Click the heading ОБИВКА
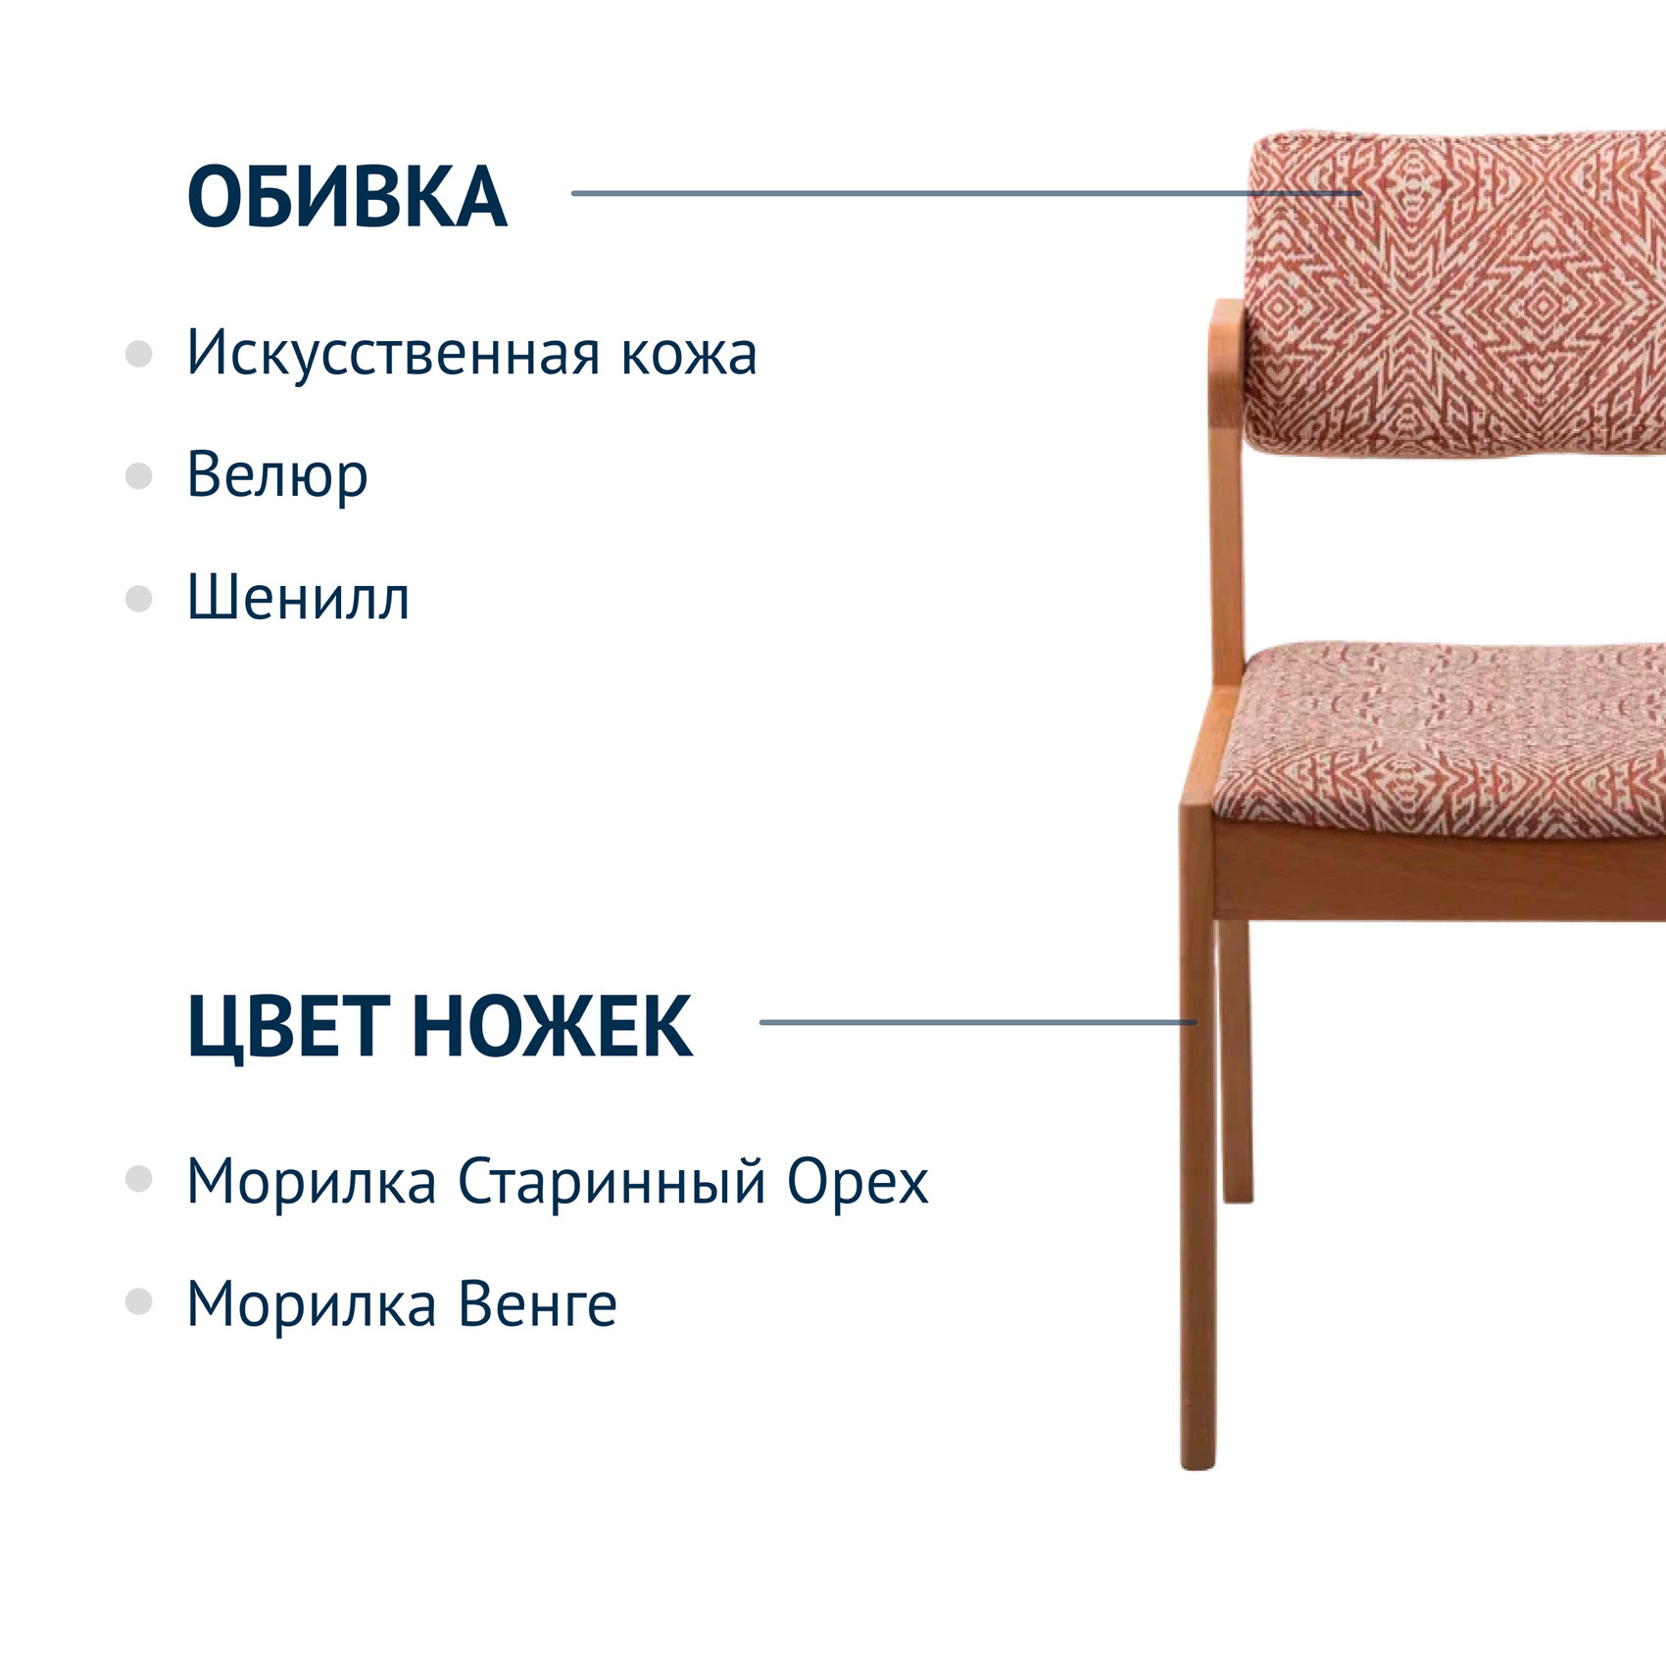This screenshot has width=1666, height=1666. click(347, 197)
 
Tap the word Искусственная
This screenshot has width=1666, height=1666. click(392, 352)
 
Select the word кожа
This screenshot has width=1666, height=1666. click(689, 354)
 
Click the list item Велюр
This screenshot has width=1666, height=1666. click(277, 476)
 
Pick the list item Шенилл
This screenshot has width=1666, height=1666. click(298, 598)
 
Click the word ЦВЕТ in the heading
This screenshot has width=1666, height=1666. click(288, 1027)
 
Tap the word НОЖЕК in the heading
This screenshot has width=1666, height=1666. click(552, 1026)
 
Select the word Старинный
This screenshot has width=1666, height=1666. click(612, 1182)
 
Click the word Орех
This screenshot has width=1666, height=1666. click(858, 1182)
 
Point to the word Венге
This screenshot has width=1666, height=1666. click(538, 1304)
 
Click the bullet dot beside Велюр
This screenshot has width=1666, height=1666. click(139, 476)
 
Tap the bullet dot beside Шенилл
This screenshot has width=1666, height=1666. click(139, 599)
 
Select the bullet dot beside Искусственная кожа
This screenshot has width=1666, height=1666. click(139, 354)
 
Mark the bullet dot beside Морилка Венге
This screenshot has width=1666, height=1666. click(139, 1301)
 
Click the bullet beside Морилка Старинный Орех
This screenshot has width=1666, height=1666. click(139, 1179)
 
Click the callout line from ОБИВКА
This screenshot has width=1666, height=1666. click(966, 193)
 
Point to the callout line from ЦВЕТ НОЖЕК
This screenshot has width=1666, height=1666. click(978, 1022)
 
